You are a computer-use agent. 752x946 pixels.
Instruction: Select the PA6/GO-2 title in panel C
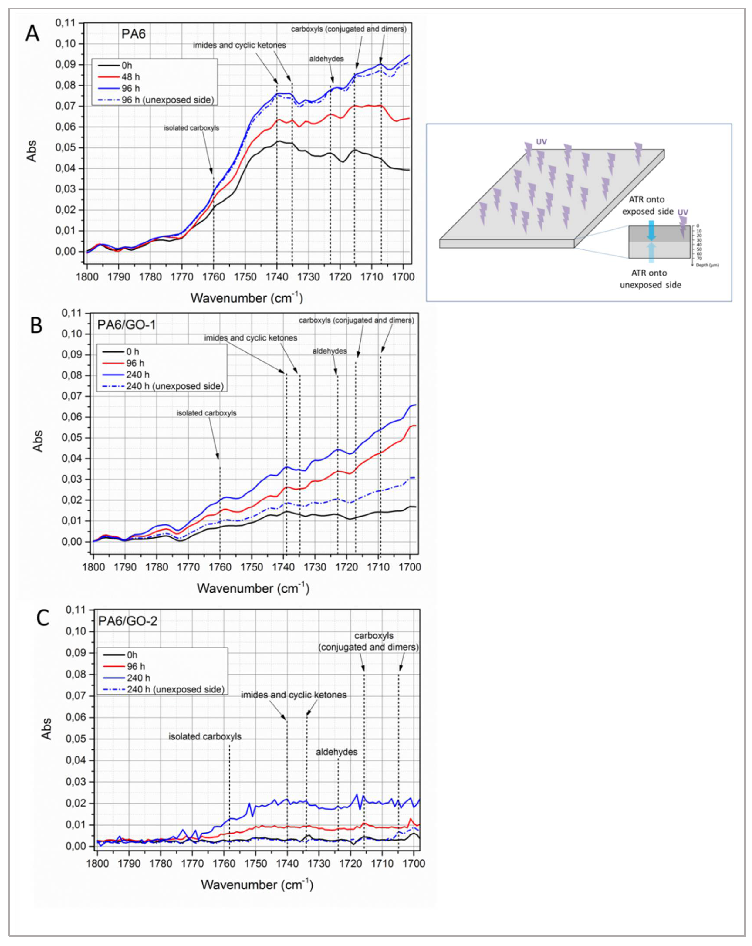pos(128,621)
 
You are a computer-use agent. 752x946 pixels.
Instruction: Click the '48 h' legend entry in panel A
pos(131,77)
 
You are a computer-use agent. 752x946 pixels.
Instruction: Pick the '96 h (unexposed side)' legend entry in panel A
pos(167,100)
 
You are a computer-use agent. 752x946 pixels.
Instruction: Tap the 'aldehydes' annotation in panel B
pos(329,351)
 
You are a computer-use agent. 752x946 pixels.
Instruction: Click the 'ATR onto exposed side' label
pos(647,205)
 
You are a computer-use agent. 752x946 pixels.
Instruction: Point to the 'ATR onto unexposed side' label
pos(650,279)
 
